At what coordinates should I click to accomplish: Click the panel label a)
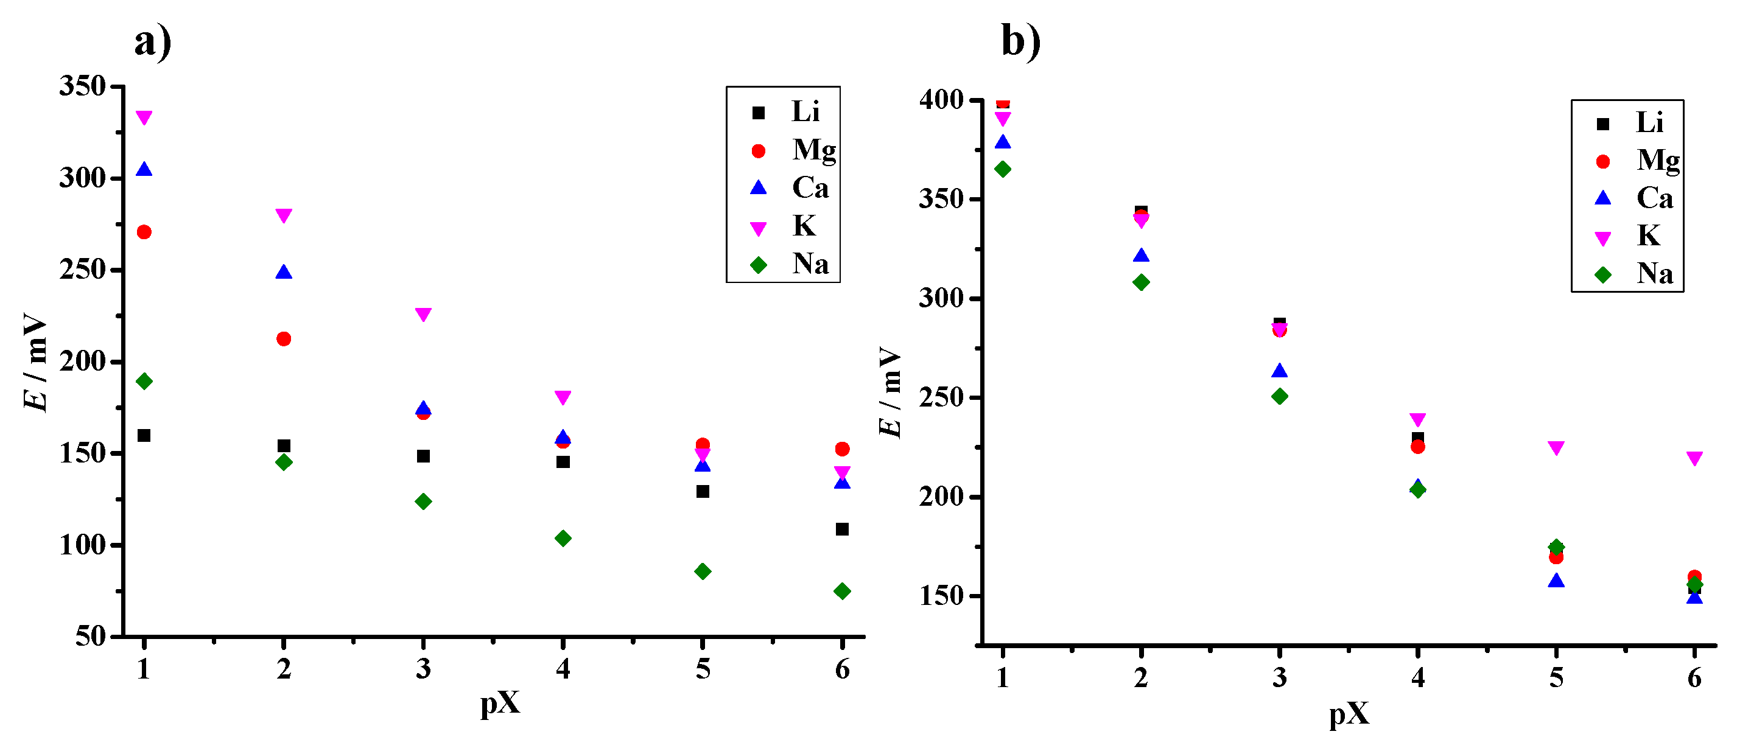[152, 43]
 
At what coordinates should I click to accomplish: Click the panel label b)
[1020, 41]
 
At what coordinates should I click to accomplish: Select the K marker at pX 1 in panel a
[144, 117]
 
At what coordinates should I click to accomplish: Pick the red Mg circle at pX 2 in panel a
[284, 338]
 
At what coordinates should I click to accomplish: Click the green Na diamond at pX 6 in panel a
[841, 591]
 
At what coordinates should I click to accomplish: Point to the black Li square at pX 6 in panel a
[841, 529]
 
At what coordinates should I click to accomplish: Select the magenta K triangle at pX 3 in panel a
[423, 314]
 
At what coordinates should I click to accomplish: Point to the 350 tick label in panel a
[82, 87]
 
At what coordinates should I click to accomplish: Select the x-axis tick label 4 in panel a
[563, 669]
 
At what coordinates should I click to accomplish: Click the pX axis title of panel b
[1349, 713]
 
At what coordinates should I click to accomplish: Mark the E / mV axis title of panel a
[35, 362]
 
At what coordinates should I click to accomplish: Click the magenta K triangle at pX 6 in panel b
[1694, 458]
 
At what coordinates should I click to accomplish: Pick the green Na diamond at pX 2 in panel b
[1140, 282]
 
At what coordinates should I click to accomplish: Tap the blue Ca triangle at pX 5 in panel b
[1556, 581]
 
